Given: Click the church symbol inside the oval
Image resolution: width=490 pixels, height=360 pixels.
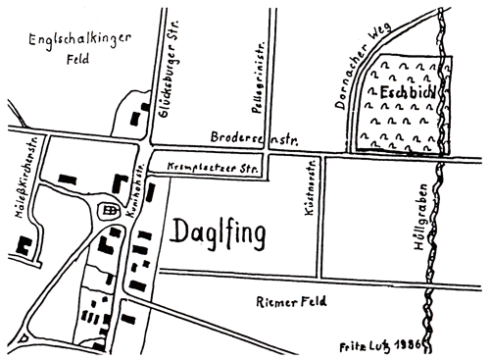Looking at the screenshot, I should click(110, 210).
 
